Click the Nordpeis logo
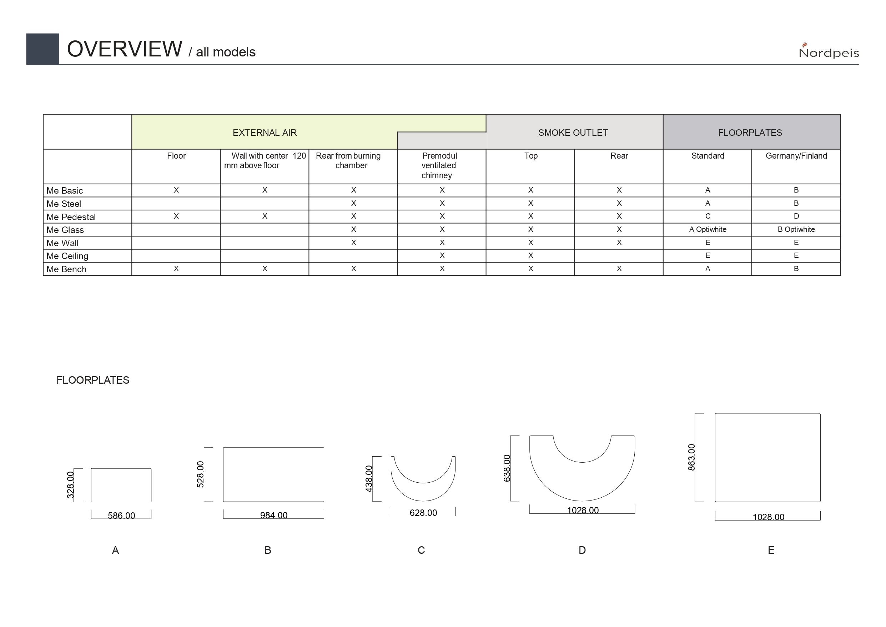829,51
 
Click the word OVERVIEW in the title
124,49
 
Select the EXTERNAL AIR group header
265,133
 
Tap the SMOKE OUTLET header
573,133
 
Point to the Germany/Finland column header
796,156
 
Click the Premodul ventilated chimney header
439,165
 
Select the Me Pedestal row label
71,217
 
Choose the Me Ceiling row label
67,256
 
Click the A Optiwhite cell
708,229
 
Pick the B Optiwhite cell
796,229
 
